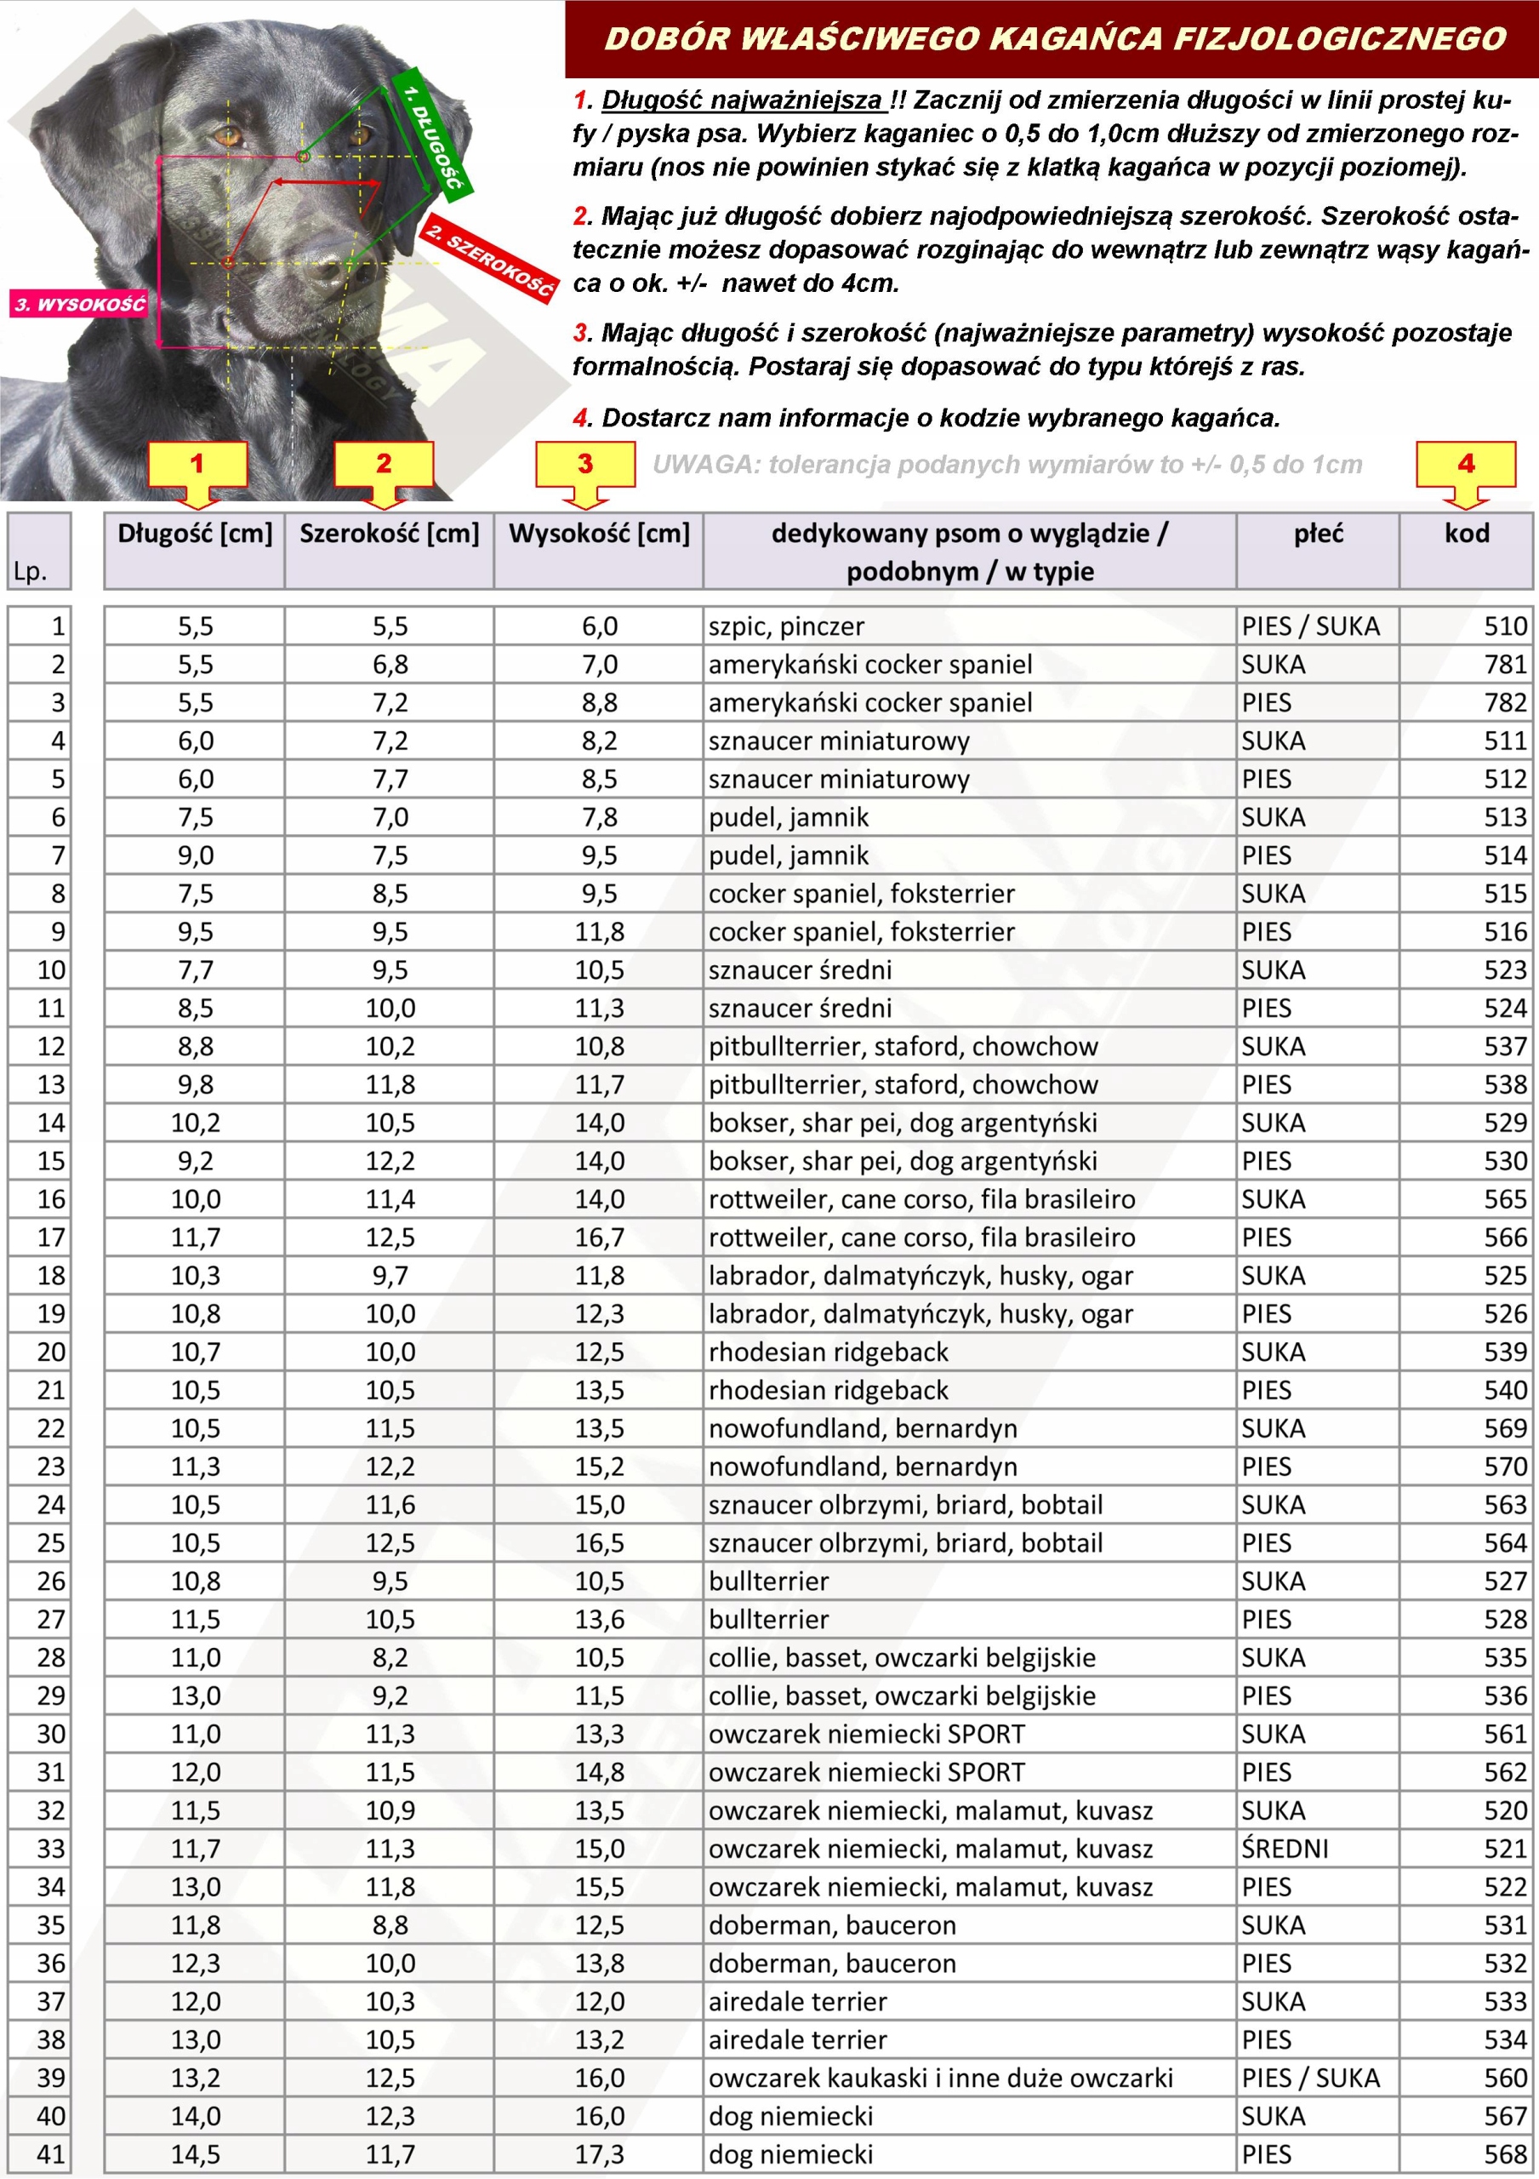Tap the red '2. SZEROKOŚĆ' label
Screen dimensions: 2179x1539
click(488, 259)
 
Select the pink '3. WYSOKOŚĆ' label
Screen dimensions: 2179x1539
click(80, 304)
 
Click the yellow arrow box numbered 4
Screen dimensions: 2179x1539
click(1465, 465)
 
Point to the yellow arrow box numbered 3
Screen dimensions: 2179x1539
click(584, 465)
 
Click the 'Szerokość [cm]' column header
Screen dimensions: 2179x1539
click(389, 534)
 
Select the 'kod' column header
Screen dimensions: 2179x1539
click(1466, 534)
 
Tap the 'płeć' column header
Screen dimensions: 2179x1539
click(1318, 534)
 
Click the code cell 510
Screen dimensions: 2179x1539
click(1505, 626)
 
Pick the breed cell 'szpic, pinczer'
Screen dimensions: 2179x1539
click(787, 626)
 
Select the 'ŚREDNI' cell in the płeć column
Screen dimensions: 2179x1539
click(1285, 1849)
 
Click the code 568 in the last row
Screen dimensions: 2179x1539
click(1505, 2154)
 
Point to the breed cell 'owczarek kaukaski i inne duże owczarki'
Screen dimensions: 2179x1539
click(940, 2079)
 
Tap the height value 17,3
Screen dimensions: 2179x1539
click(600, 2154)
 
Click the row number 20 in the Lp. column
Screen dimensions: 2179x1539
click(51, 1352)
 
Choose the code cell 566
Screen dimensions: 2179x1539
click(1505, 1238)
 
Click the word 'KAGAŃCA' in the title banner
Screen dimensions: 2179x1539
click(1076, 39)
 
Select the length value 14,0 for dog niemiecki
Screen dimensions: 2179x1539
click(196, 2116)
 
